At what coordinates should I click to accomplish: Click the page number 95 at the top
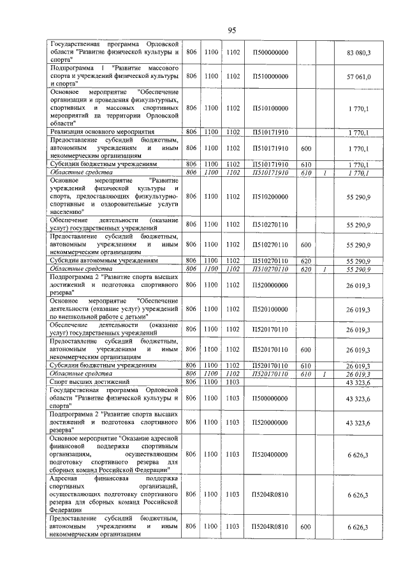click(x=232, y=31)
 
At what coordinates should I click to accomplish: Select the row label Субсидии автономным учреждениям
click(x=102, y=261)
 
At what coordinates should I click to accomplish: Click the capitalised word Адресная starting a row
click(x=66, y=478)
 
